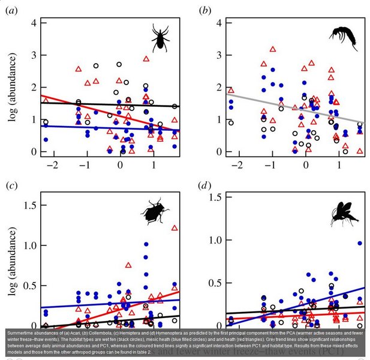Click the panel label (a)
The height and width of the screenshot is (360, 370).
(x=11, y=10)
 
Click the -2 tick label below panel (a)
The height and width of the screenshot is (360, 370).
(x=52, y=164)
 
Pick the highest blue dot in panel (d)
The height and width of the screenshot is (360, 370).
(x=360, y=243)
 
